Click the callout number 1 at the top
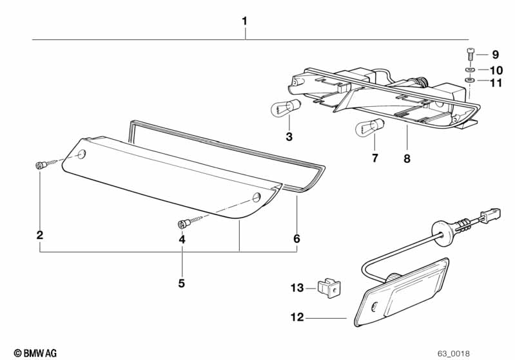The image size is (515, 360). (244, 21)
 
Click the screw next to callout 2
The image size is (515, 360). (41, 165)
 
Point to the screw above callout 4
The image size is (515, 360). (184, 223)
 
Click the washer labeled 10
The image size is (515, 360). (470, 69)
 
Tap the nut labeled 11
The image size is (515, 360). (470, 81)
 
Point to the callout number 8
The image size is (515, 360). (407, 158)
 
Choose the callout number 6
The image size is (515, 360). (296, 239)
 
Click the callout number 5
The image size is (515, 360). (182, 283)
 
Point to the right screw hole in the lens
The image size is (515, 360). (256, 197)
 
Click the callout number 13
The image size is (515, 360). (296, 288)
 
